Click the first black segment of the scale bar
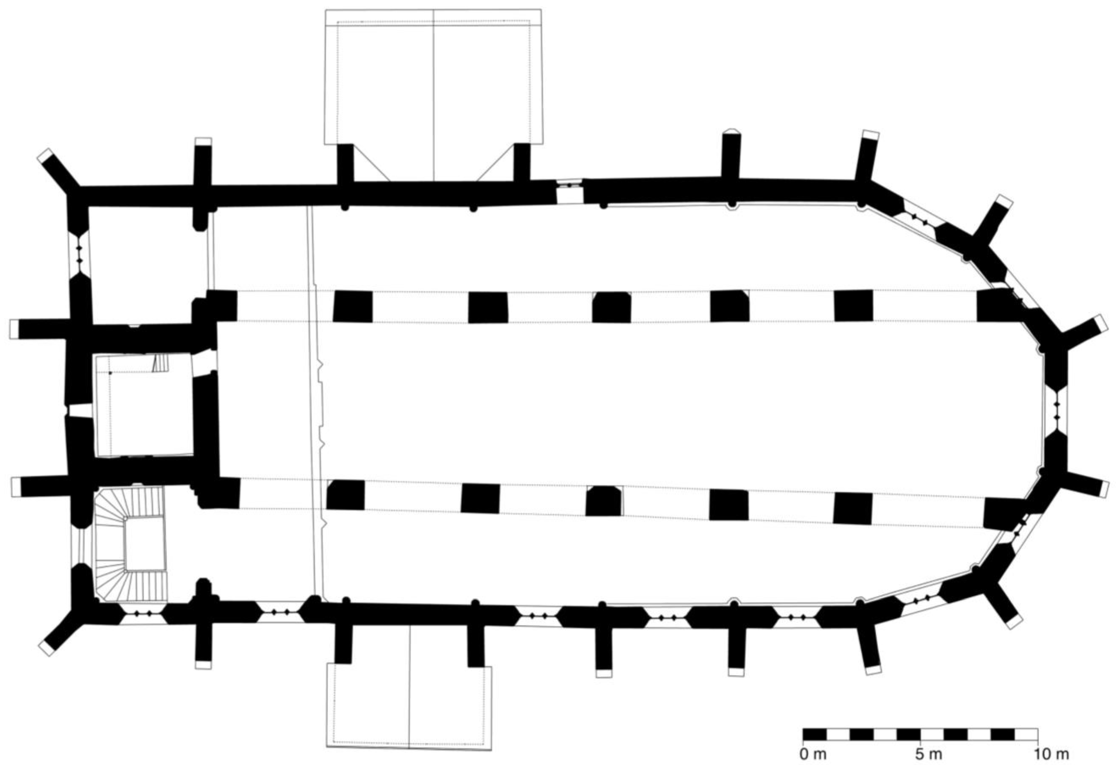point(815,734)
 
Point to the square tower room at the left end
point(144,406)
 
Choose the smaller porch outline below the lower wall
point(409,711)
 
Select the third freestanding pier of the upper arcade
point(611,307)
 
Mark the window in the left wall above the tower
point(79,255)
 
